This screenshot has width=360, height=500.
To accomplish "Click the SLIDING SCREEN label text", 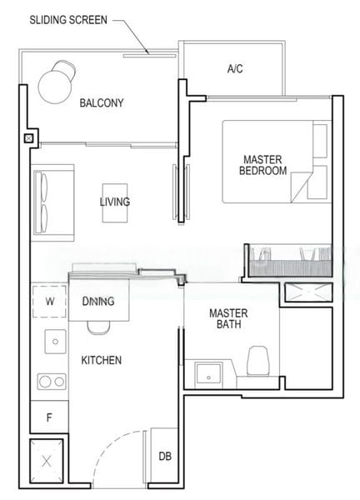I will pyautogui.click(x=67, y=19).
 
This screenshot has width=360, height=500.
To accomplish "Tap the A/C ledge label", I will pyautogui.click(x=235, y=69).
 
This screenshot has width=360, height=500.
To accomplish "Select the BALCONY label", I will pyautogui.click(x=102, y=103).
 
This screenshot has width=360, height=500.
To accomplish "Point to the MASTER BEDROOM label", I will pyautogui.click(x=262, y=164).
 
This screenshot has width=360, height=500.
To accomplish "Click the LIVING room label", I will pyautogui.click(x=115, y=202).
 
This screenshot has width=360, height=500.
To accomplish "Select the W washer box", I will pyautogui.click(x=49, y=302).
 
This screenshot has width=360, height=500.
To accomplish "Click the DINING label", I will pyautogui.click(x=98, y=302).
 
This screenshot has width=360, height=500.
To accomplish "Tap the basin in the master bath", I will pyautogui.click(x=206, y=372).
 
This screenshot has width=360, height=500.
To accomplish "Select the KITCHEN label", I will pyautogui.click(x=102, y=360).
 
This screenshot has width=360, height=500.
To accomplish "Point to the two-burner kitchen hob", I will pyautogui.click(x=52, y=382).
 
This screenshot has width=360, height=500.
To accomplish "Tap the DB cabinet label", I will pyautogui.click(x=165, y=456).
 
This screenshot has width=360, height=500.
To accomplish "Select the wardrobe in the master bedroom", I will pyautogui.click(x=287, y=261).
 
